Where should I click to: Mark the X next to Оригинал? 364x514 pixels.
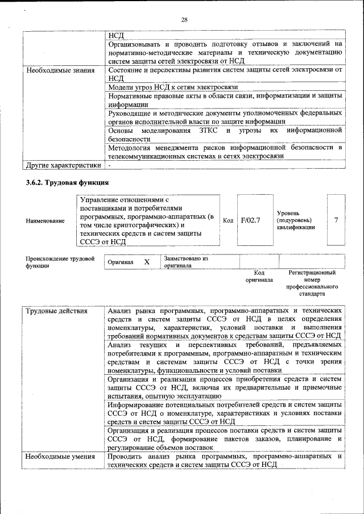tap(146, 262)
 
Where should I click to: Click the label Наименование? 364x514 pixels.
tap(45, 220)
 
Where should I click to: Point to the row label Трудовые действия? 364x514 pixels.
tap(56, 311)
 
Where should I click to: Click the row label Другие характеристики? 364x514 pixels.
tap(63, 165)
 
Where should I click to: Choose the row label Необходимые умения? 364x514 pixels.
tap(59, 456)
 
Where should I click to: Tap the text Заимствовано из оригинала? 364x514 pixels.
tap(186, 262)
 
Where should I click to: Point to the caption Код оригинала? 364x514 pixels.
tap(259, 276)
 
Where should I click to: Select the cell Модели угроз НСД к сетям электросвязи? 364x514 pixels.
tap(172, 87)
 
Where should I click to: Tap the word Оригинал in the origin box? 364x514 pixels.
tap(120, 262)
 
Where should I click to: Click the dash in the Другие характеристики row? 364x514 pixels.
tap(109, 165)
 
